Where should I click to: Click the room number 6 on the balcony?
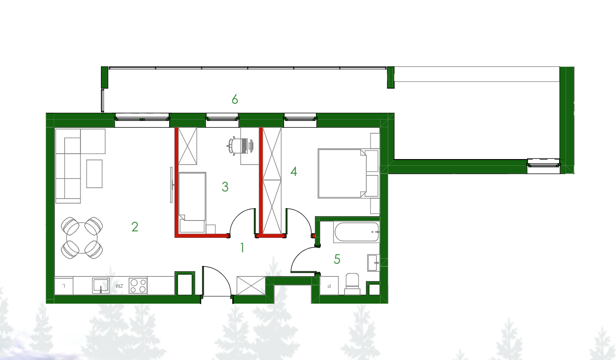[x=235, y=99]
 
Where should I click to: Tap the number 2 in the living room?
[x=135, y=227]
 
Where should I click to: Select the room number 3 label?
[x=225, y=187]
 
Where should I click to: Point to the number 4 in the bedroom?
[x=294, y=172]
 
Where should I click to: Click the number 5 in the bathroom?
[x=337, y=259]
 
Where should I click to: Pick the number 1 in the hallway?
[x=242, y=248]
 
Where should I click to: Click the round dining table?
[x=82, y=238]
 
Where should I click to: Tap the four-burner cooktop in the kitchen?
[x=138, y=286]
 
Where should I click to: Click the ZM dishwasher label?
[x=120, y=286]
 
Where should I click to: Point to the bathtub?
[x=357, y=232]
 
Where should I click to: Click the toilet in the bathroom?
[x=352, y=284]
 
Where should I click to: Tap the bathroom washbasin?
[x=373, y=263]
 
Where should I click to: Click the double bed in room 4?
[x=343, y=174]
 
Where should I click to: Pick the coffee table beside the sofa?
[x=94, y=174]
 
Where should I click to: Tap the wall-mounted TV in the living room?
[x=171, y=185]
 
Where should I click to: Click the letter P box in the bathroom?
[x=329, y=286]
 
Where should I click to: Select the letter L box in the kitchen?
[x=64, y=286]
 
